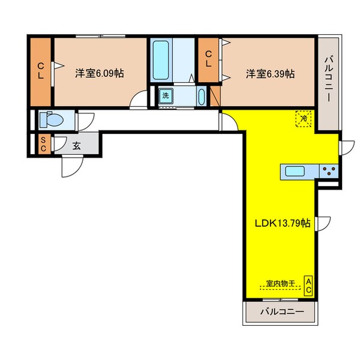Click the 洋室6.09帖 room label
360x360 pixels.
(100, 74)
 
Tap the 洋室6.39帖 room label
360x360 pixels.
(269, 74)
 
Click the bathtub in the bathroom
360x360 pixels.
(161, 64)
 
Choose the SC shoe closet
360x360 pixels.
(43, 144)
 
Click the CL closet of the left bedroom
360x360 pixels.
(41, 71)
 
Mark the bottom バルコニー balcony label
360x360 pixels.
(281, 312)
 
